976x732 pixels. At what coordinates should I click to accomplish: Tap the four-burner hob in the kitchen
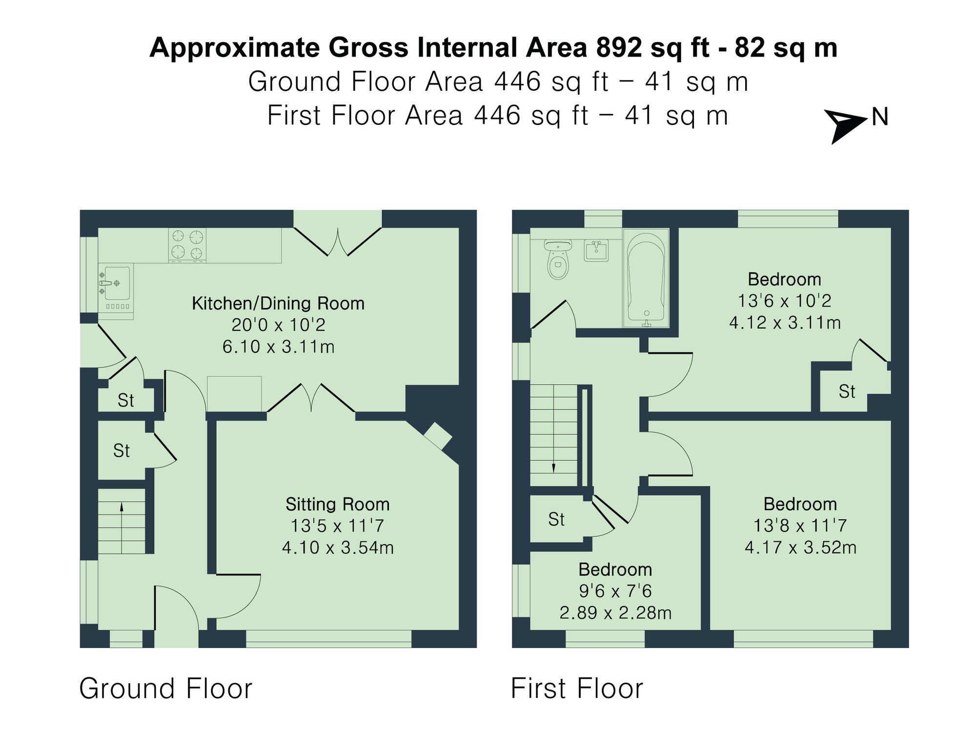click(x=187, y=245)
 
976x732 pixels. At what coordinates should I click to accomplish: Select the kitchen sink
click(x=116, y=283)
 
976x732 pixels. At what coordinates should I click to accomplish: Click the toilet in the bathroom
click(x=558, y=259)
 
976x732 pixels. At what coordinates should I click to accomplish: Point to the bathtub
click(x=645, y=279)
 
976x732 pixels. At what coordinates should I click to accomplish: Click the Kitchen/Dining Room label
click(x=278, y=304)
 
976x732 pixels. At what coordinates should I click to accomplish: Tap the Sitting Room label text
click(x=337, y=504)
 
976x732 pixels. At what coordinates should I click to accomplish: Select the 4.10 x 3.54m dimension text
click(x=338, y=548)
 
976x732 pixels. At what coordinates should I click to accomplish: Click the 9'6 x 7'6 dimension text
click(x=615, y=591)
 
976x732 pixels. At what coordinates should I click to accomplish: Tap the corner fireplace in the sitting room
click(x=437, y=436)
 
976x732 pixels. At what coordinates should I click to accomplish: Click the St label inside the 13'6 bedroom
click(x=847, y=391)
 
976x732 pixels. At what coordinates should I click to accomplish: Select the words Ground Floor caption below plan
click(x=165, y=689)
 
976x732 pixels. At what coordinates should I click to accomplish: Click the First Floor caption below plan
click(x=577, y=689)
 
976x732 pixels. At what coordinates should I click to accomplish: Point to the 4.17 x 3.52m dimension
click(x=800, y=548)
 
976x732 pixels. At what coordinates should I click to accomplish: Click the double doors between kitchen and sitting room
click(x=311, y=398)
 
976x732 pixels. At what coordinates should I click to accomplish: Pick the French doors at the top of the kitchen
click(x=337, y=242)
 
